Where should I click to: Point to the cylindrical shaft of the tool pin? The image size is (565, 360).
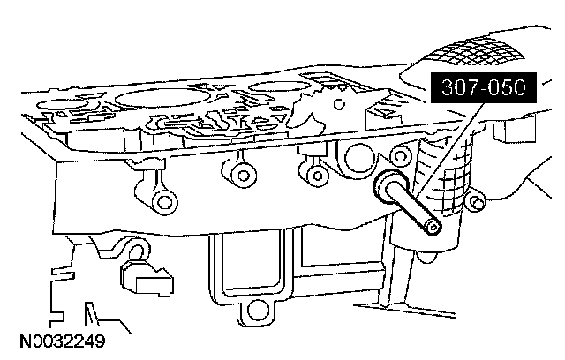(x=413, y=208)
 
